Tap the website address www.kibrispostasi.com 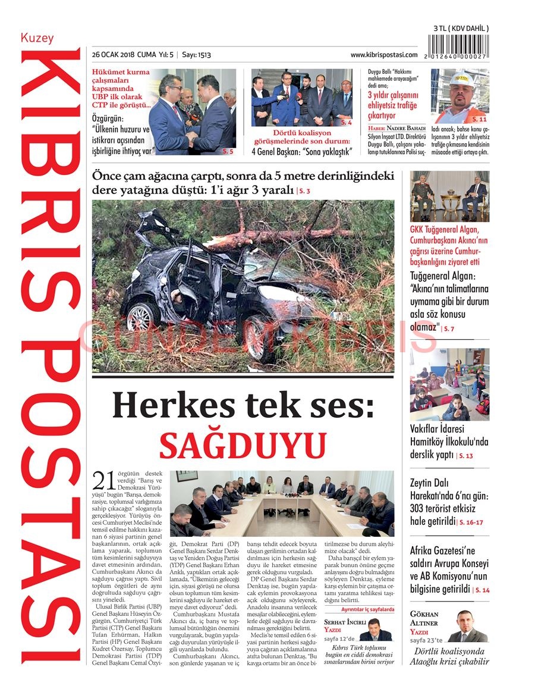[x=383, y=55]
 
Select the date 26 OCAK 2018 [x=113, y=55]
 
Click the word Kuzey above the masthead [x=37, y=39]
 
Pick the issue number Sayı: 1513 [x=196, y=55]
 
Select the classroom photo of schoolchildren [x=449, y=384]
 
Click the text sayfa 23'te [x=426, y=640]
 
